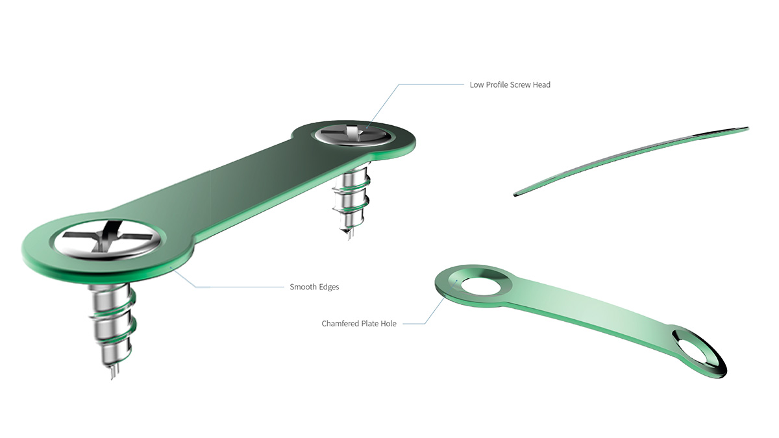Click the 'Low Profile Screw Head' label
[x=510, y=85]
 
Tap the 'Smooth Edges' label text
[x=314, y=286]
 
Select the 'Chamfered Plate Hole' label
[x=359, y=323]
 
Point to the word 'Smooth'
[x=303, y=286]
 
